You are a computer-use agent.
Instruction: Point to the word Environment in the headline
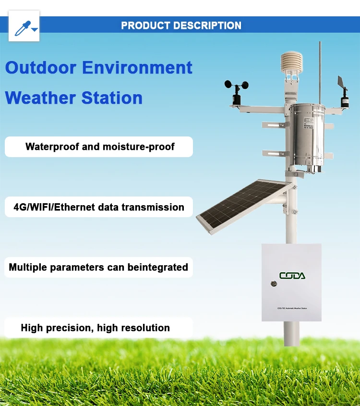click(x=138, y=68)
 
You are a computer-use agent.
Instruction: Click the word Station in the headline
click(x=112, y=98)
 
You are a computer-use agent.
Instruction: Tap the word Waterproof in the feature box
click(x=52, y=147)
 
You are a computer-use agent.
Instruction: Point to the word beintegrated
click(x=157, y=267)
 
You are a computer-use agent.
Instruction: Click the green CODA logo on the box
click(x=292, y=275)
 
